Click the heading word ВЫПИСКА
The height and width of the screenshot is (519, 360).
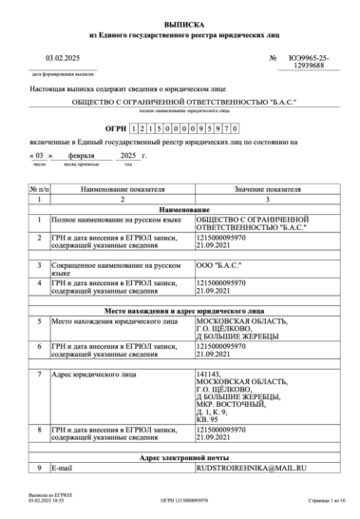pos(180,20)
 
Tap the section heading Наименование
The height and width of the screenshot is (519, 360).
pos(180,208)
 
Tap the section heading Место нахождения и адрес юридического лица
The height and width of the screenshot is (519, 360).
pos(180,310)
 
